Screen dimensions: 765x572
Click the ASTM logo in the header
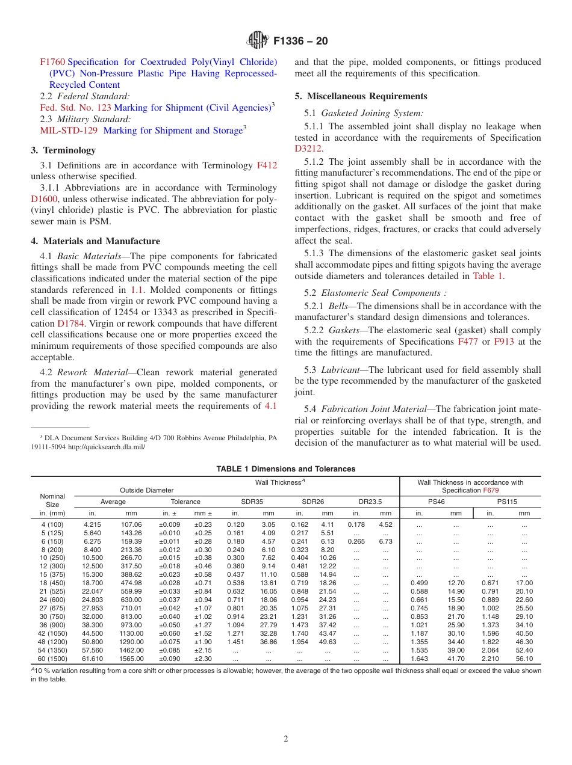point(258,41)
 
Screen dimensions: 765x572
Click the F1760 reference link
point(52,62)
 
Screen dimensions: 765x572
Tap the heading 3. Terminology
point(63,150)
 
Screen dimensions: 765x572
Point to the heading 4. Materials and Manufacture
point(95,241)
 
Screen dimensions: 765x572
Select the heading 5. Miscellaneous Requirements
point(361,96)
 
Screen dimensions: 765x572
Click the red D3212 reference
point(308,148)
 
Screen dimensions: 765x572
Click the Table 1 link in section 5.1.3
point(488,276)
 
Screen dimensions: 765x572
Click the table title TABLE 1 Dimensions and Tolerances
point(286,469)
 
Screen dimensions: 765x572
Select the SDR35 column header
point(252,502)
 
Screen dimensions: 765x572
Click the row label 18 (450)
point(52,583)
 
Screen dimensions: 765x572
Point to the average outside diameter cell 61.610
point(93,659)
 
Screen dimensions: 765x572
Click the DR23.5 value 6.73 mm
point(385,541)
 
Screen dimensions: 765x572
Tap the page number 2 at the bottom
point(286,739)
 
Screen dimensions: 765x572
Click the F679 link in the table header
point(491,490)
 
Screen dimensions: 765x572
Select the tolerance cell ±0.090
point(166,659)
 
